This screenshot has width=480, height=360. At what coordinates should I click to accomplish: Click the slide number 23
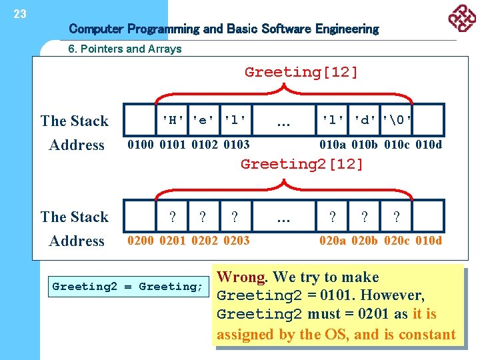[x=20, y=14]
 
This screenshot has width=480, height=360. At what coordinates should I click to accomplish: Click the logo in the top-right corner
[x=461, y=19]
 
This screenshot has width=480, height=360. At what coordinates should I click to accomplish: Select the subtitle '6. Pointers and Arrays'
[x=125, y=49]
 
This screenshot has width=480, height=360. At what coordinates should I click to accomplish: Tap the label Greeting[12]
[x=301, y=72]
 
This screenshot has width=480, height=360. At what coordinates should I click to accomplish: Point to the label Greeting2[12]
[x=302, y=164]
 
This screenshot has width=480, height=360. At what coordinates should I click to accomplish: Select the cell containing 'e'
[x=204, y=121]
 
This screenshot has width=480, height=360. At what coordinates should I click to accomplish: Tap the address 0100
[x=141, y=145]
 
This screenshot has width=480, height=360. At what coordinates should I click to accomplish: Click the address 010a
[x=333, y=145]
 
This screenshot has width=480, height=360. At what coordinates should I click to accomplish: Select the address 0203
[x=237, y=241]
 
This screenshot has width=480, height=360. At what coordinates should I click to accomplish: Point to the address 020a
[x=333, y=241]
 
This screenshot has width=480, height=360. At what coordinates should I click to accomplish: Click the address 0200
[x=141, y=241]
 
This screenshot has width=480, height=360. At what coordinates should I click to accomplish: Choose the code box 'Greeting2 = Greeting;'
[x=127, y=287]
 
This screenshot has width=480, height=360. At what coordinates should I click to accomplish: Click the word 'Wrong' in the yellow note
[x=241, y=277]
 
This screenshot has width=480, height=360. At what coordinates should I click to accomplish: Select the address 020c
[x=397, y=241]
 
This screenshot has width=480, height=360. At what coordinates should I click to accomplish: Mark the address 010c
[x=397, y=145]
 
